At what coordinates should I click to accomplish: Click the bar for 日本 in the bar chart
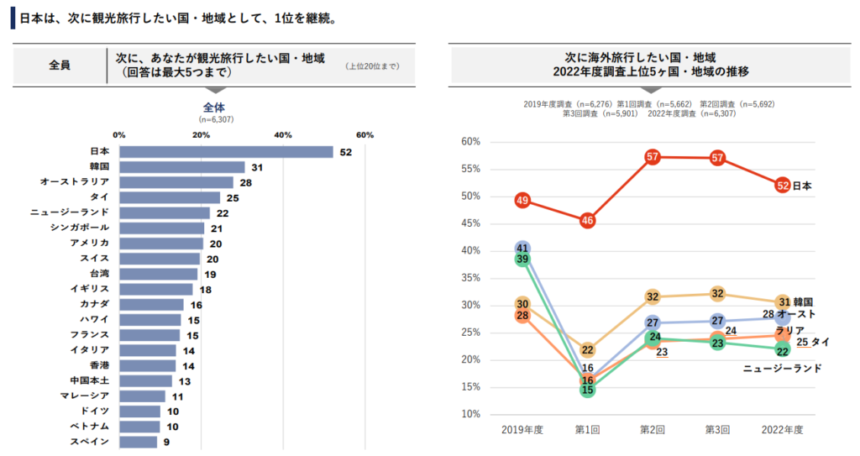tap(226, 152)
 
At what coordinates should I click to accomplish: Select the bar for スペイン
tap(138, 442)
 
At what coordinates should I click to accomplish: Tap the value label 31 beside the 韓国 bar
tap(258, 168)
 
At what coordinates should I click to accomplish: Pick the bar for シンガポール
tap(161, 228)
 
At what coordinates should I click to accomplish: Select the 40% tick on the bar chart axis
tap(283, 135)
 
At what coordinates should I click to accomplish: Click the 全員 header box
tap(60, 65)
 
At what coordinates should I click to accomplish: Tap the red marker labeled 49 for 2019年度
tap(522, 201)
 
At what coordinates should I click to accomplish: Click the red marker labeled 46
tap(587, 221)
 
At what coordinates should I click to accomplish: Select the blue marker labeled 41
tap(522, 249)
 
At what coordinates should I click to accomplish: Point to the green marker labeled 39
tap(522, 259)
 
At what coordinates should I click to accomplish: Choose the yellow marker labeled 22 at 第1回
tap(587, 350)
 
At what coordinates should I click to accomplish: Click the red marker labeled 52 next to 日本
tap(782, 186)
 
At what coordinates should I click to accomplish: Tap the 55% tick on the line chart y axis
tap(470, 170)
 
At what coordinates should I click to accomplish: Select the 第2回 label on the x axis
tap(653, 430)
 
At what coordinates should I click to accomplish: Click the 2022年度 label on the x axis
tap(782, 430)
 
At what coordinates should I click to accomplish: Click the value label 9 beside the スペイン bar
tap(166, 442)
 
